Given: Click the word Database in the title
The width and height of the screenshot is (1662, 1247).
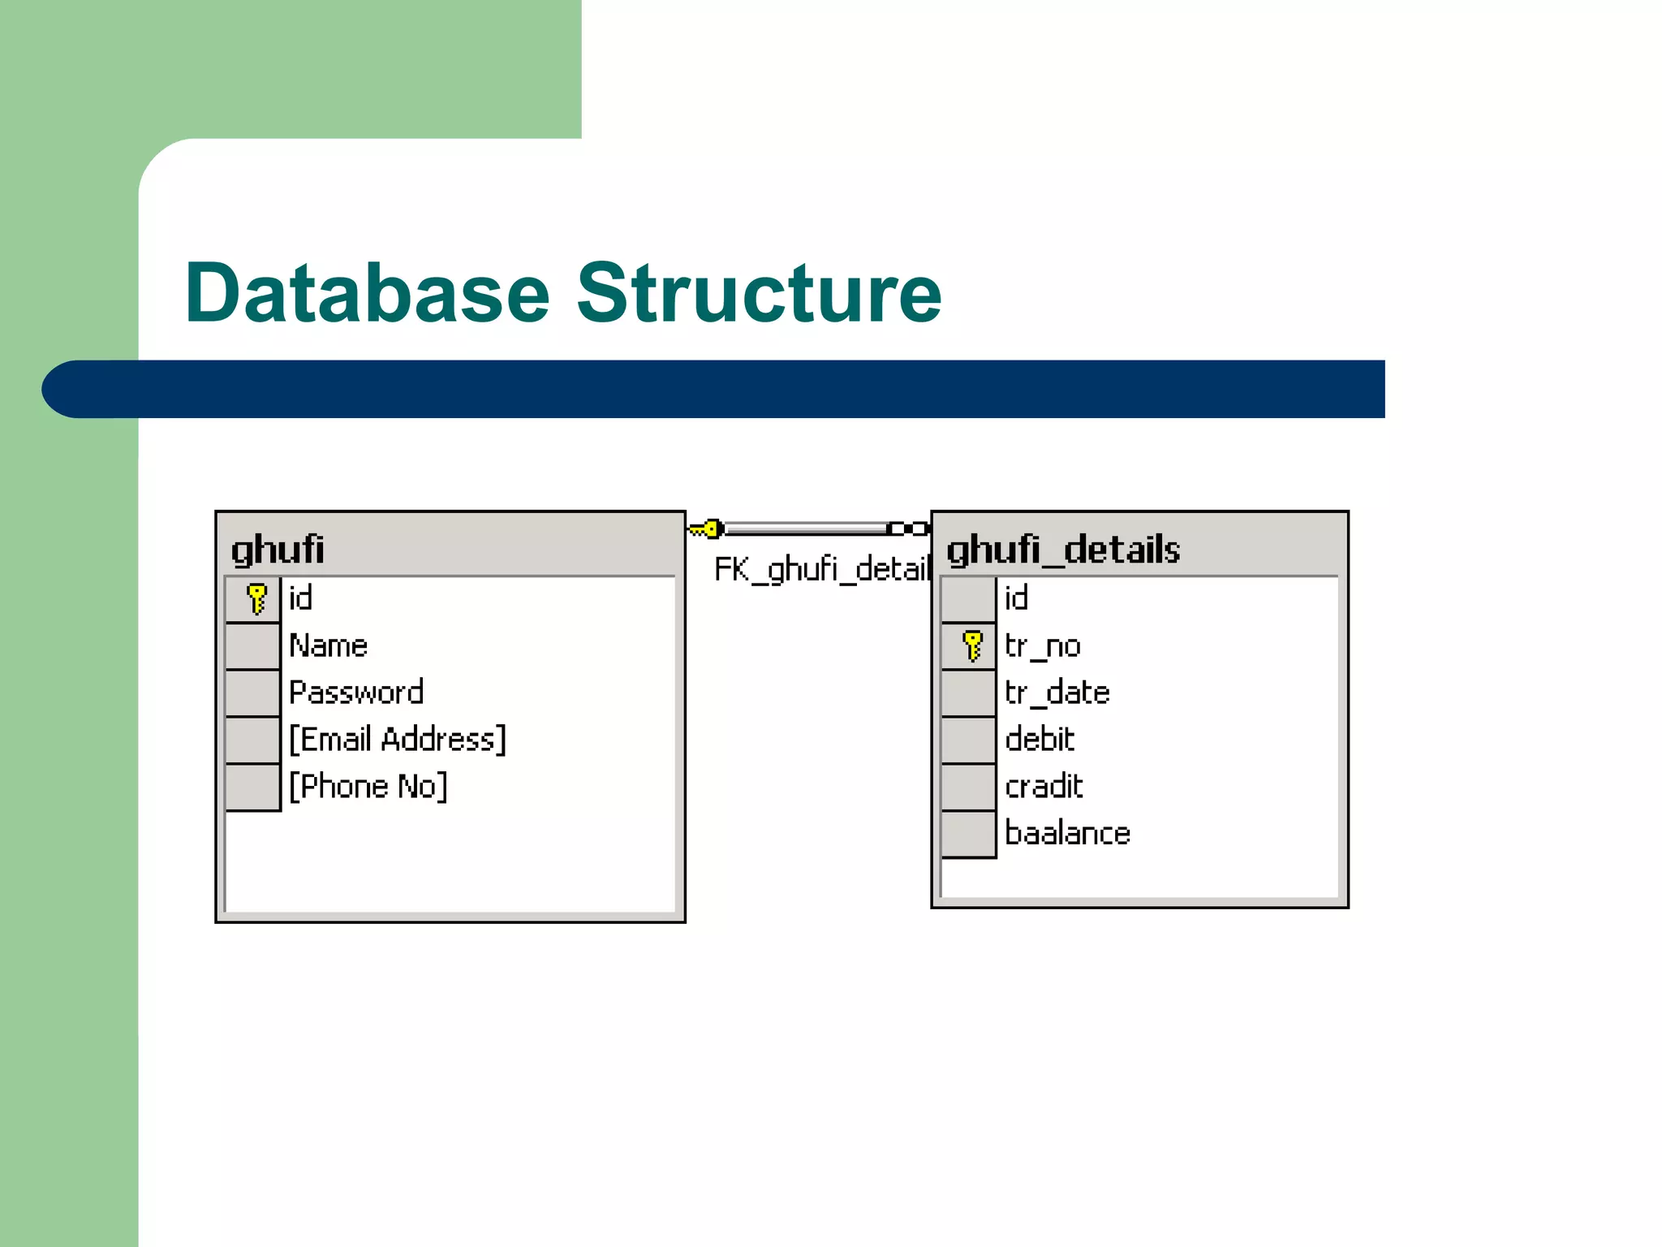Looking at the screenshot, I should (x=367, y=294).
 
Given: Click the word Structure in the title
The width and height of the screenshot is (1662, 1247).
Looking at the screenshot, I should (x=759, y=294).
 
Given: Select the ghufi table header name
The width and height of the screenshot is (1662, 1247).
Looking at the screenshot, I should (x=278, y=550).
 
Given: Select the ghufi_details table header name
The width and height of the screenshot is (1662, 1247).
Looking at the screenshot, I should (x=1063, y=550).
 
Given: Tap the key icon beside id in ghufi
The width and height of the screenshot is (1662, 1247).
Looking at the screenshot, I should (x=256, y=599).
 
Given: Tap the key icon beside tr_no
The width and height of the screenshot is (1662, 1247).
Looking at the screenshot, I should (x=972, y=646).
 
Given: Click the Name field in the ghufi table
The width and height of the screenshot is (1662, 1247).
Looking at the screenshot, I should (x=329, y=646).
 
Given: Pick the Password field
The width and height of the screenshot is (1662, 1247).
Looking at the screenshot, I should (x=356, y=693).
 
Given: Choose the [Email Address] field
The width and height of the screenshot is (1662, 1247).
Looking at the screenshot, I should (x=398, y=740).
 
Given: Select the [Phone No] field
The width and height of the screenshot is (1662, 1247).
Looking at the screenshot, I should (x=368, y=787).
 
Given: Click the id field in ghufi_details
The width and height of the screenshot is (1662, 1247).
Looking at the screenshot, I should (x=1016, y=599).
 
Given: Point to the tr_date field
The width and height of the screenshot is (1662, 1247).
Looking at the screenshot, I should (x=1057, y=693).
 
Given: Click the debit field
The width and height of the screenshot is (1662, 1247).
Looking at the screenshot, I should (x=1040, y=740).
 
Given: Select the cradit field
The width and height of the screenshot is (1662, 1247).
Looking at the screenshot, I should (x=1044, y=787).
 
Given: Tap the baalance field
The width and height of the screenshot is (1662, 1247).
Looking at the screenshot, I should (x=1067, y=834).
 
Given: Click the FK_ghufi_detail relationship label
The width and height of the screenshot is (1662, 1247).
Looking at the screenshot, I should (x=820, y=569).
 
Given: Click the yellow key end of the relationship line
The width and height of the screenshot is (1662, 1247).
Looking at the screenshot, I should (x=706, y=529).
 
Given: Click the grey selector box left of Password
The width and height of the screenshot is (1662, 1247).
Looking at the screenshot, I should (x=252, y=693).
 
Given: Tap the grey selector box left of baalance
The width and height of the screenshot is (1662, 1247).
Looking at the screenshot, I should (x=968, y=834).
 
